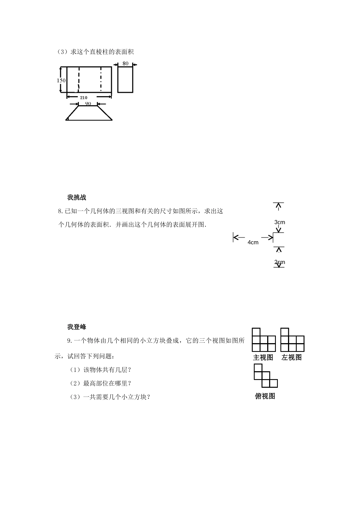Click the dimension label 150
pos(61,80)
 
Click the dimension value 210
pos(84,98)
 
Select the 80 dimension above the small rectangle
pos(125,63)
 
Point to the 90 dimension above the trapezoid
pos(88,103)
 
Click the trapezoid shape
pos(89,113)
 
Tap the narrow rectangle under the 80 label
pos(125,80)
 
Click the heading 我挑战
pos(77,197)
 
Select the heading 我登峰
pos(77,327)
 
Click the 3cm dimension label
pos(280,222)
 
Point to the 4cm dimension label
pos(253,242)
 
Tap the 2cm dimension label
pos(280,262)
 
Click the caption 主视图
pos(263,358)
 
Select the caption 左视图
pos(292,358)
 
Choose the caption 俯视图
pos(265,396)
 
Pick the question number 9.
pos(69,341)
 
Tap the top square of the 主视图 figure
pos(257,332)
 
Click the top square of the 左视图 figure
pos(285,332)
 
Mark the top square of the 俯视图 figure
pos(258,368)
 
